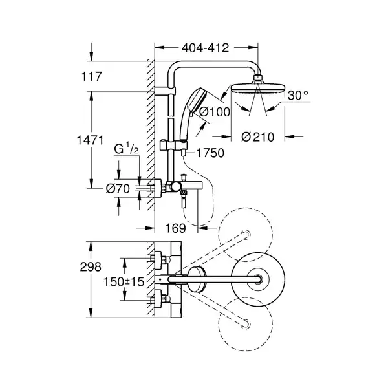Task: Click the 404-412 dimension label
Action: pos(206,48)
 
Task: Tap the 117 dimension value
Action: pos(92,76)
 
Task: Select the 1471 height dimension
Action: pos(90,140)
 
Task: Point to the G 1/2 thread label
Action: pos(126,149)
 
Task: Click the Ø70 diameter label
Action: pos(118,189)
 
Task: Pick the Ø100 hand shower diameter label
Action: pos(215,112)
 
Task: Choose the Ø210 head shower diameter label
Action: pos(258,137)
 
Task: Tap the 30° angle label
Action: pos(298,95)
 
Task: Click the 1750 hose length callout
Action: pos(211,153)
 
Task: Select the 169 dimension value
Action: pos(175,228)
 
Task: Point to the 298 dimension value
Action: pos(91,267)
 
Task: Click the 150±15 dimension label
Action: pos(124,281)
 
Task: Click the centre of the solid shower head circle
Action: pos(258,279)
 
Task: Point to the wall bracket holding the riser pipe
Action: pos(165,91)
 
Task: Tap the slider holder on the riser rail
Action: pos(173,145)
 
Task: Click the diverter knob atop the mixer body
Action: pos(184,177)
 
